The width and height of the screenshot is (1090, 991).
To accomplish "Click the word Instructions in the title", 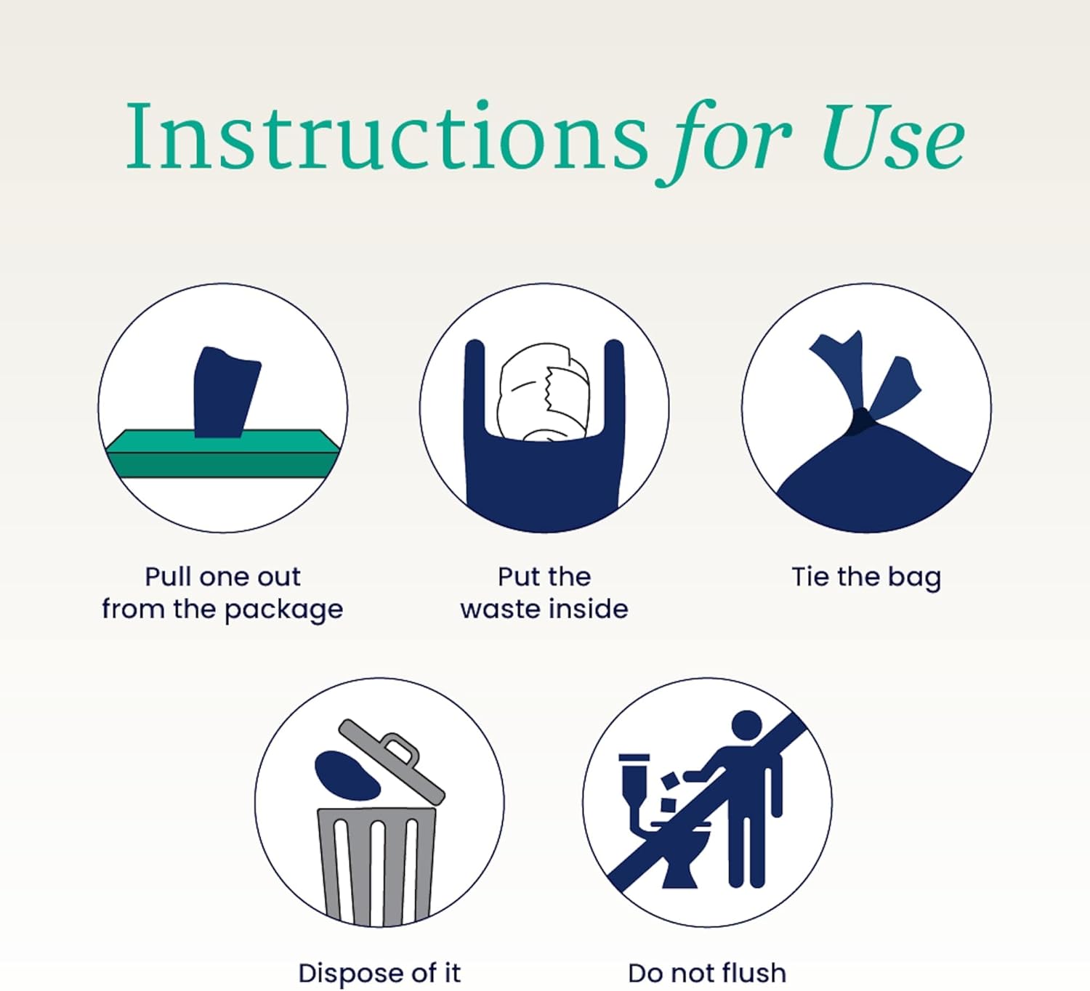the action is (x=387, y=136).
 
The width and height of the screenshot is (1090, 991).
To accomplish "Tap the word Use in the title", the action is (x=893, y=137).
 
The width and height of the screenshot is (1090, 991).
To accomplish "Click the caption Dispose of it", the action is (x=379, y=973).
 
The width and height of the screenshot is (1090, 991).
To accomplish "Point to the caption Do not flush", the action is (x=707, y=973).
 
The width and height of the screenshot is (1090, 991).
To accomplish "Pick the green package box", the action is (x=223, y=454).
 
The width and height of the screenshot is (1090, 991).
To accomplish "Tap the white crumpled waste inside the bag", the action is (x=544, y=392).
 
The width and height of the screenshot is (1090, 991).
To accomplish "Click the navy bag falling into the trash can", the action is (x=347, y=775).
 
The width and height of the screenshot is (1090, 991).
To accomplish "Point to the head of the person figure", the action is (x=746, y=725).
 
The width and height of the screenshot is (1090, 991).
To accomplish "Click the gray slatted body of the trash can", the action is (x=377, y=867).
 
